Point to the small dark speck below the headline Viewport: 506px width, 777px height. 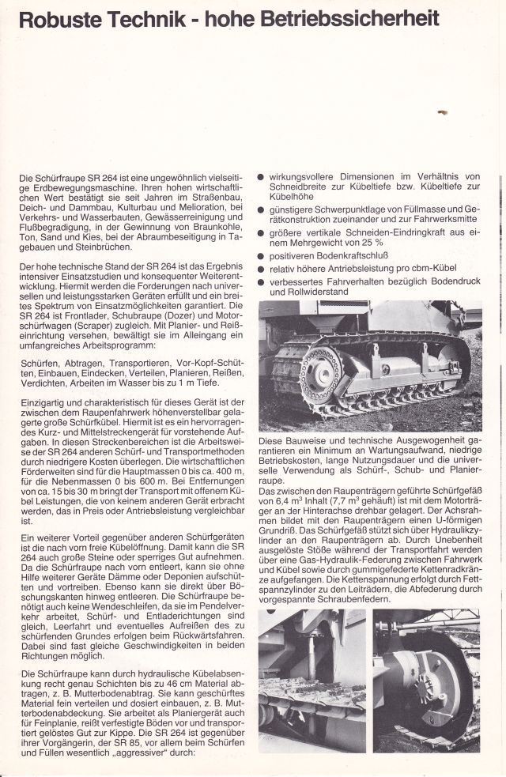click(442, 113)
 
